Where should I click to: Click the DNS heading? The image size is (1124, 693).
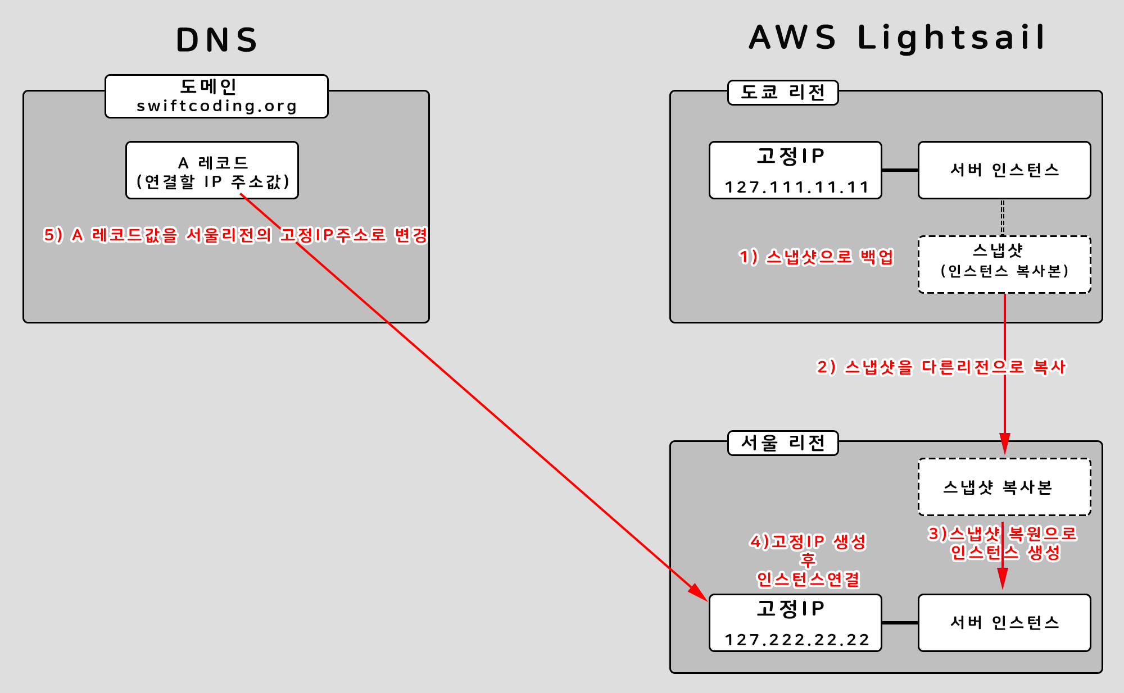pyautogui.click(x=217, y=40)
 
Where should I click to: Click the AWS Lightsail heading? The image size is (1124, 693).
pyautogui.click(x=897, y=38)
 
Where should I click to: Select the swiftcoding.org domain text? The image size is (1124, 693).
pyautogui.click(x=217, y=106)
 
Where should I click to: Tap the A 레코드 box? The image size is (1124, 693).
pyautogui.click(x=212, y=170)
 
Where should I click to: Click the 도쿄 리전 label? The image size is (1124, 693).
pyautogui.click(x=783, y=93)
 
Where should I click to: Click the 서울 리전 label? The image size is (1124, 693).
pyautogui.click(x=783, y=443)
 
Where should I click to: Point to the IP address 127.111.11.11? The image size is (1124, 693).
pyautogui.click(x=796, y=187)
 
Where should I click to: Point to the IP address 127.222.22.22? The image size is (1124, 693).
pyautogui.click(x=796, y=640)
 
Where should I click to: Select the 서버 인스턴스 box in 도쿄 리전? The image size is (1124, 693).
pyautogui.click(x=1004, y=170)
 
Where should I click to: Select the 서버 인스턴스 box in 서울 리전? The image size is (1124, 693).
pyautogui.click(x=1004, y=623)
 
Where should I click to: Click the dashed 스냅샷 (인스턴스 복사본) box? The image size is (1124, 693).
pyautogui.click(x=1004, y=265)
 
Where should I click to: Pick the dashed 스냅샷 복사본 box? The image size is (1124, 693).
pyautogui.click(x=1004, y=487)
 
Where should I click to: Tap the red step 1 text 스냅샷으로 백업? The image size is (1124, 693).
pyautogui.click(x=816, y=257)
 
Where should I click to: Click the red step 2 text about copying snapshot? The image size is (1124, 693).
pyautogui.click(x=941, y=367)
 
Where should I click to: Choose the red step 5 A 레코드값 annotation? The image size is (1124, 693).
pyautogui.click(x=235, y=235)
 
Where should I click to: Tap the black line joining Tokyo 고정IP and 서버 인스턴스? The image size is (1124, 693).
pyautogui.click(x=900, y=170)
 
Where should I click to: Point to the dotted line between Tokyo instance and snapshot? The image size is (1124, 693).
pyautogui.click(x=1003, y=217)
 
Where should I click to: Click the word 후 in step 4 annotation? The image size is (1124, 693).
pyautogui.click(x=808, y=560)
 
